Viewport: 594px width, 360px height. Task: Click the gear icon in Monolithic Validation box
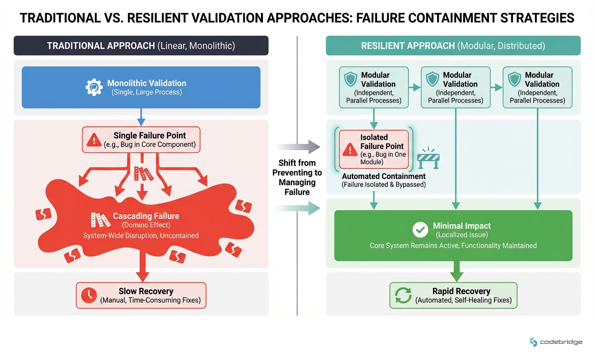pos(94,87)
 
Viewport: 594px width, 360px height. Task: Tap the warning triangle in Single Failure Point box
pos(94,140)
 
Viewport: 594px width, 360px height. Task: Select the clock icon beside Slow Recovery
pos(89,295)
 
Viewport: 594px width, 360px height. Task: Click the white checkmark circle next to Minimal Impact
pos(420,230)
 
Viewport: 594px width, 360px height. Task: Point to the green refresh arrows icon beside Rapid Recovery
pos(403,295)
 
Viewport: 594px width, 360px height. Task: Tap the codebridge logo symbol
pos(534,342)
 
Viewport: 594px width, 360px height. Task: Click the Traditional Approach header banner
pos(141,46)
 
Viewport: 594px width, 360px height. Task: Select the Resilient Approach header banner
pos(453,46)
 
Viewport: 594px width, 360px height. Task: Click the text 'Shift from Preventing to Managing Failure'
pos(297,177)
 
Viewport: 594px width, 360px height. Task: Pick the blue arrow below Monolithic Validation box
pos(141,117)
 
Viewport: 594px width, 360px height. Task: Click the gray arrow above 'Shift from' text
pos(298,147)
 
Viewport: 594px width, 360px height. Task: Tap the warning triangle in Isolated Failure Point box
pos(350,149)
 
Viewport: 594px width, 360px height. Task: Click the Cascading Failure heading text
pos(146,216)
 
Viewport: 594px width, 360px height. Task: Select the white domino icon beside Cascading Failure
pos(100,219)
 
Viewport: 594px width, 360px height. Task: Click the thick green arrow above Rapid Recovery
pos(456,271)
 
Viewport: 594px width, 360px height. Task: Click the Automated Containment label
pos(383,176)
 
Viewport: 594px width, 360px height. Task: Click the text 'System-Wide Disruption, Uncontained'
pos(141,235)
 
